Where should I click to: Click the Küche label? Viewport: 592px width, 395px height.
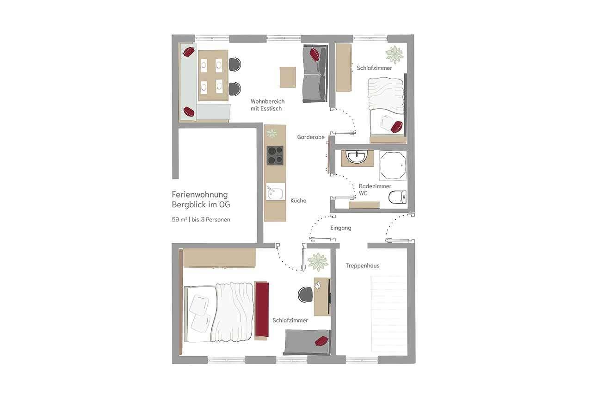pyautogui.click(x=298, y=201)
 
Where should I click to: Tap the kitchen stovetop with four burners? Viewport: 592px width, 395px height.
pyautogui.click(x=275, y=155)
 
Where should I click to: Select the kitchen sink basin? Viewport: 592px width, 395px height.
pyautogui.click(x=275, y=191)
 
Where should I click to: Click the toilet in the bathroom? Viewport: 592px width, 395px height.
pyautogui.click(x=397, y=197)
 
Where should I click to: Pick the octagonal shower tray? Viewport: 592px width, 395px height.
pyautogui.click(x=393, y=165)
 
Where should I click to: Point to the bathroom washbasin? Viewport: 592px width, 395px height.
pyautogui.click(x=357, y=157)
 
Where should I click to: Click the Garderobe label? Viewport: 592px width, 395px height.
pyautogui.click(x=311, y=137)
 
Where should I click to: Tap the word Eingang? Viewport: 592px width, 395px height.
pyautogui.click(x=341, y=228)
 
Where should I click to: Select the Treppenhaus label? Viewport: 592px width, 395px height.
pyautogui.click(x=362, y=265)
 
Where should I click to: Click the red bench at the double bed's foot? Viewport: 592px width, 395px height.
pyautogui.click(x=262, y=309)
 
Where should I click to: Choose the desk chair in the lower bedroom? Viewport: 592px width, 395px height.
pyautogui.click(x=305, y=295)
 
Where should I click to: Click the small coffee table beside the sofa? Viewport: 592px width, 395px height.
pyautogui.click(x=288, y=77)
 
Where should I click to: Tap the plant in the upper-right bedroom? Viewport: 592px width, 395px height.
pyautogui.click(x=395, y=55)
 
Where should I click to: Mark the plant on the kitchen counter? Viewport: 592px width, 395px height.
pyautogui.click(x=271, y=133)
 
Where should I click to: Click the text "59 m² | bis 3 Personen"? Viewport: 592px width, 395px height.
pyautogui.click(x=201, y=219)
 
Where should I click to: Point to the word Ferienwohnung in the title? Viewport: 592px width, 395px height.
pyautogui.click(x=200, y=195)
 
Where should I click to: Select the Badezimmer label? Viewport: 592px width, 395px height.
pyautogui.click(x=375, y=186)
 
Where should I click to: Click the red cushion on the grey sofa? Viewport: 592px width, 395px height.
pyautogui.click(x=314, y=55)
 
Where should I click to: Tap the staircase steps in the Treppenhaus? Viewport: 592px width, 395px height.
pyautogui.click(x=389, y=314)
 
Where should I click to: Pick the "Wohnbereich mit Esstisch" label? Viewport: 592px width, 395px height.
pyautogui.click(x=267, y=105)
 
